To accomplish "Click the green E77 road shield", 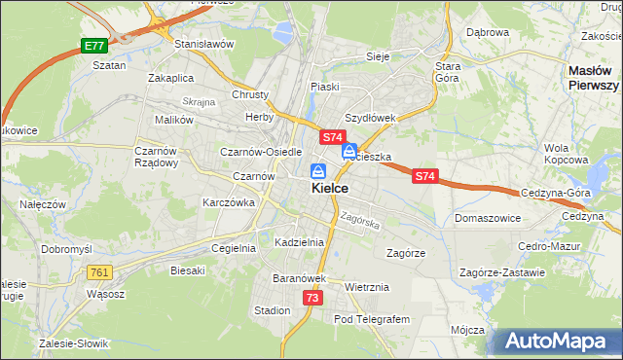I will coord(93,46).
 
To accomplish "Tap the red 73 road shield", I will coord(311,298).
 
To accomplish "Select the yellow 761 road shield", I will coord(99,272).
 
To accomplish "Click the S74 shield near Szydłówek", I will coord(332,138).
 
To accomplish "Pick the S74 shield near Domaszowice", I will coord(424,176).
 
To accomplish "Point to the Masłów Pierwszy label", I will coord(594,78).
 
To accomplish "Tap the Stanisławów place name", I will coord(204,44).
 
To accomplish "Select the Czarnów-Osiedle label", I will coord(262,152).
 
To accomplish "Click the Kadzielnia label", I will coord(299,241).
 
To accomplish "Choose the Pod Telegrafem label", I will coord(373,319).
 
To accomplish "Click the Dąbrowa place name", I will coord(488,32).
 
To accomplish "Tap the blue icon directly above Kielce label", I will coord(318,169).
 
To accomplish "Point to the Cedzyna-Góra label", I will coord(556,193).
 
